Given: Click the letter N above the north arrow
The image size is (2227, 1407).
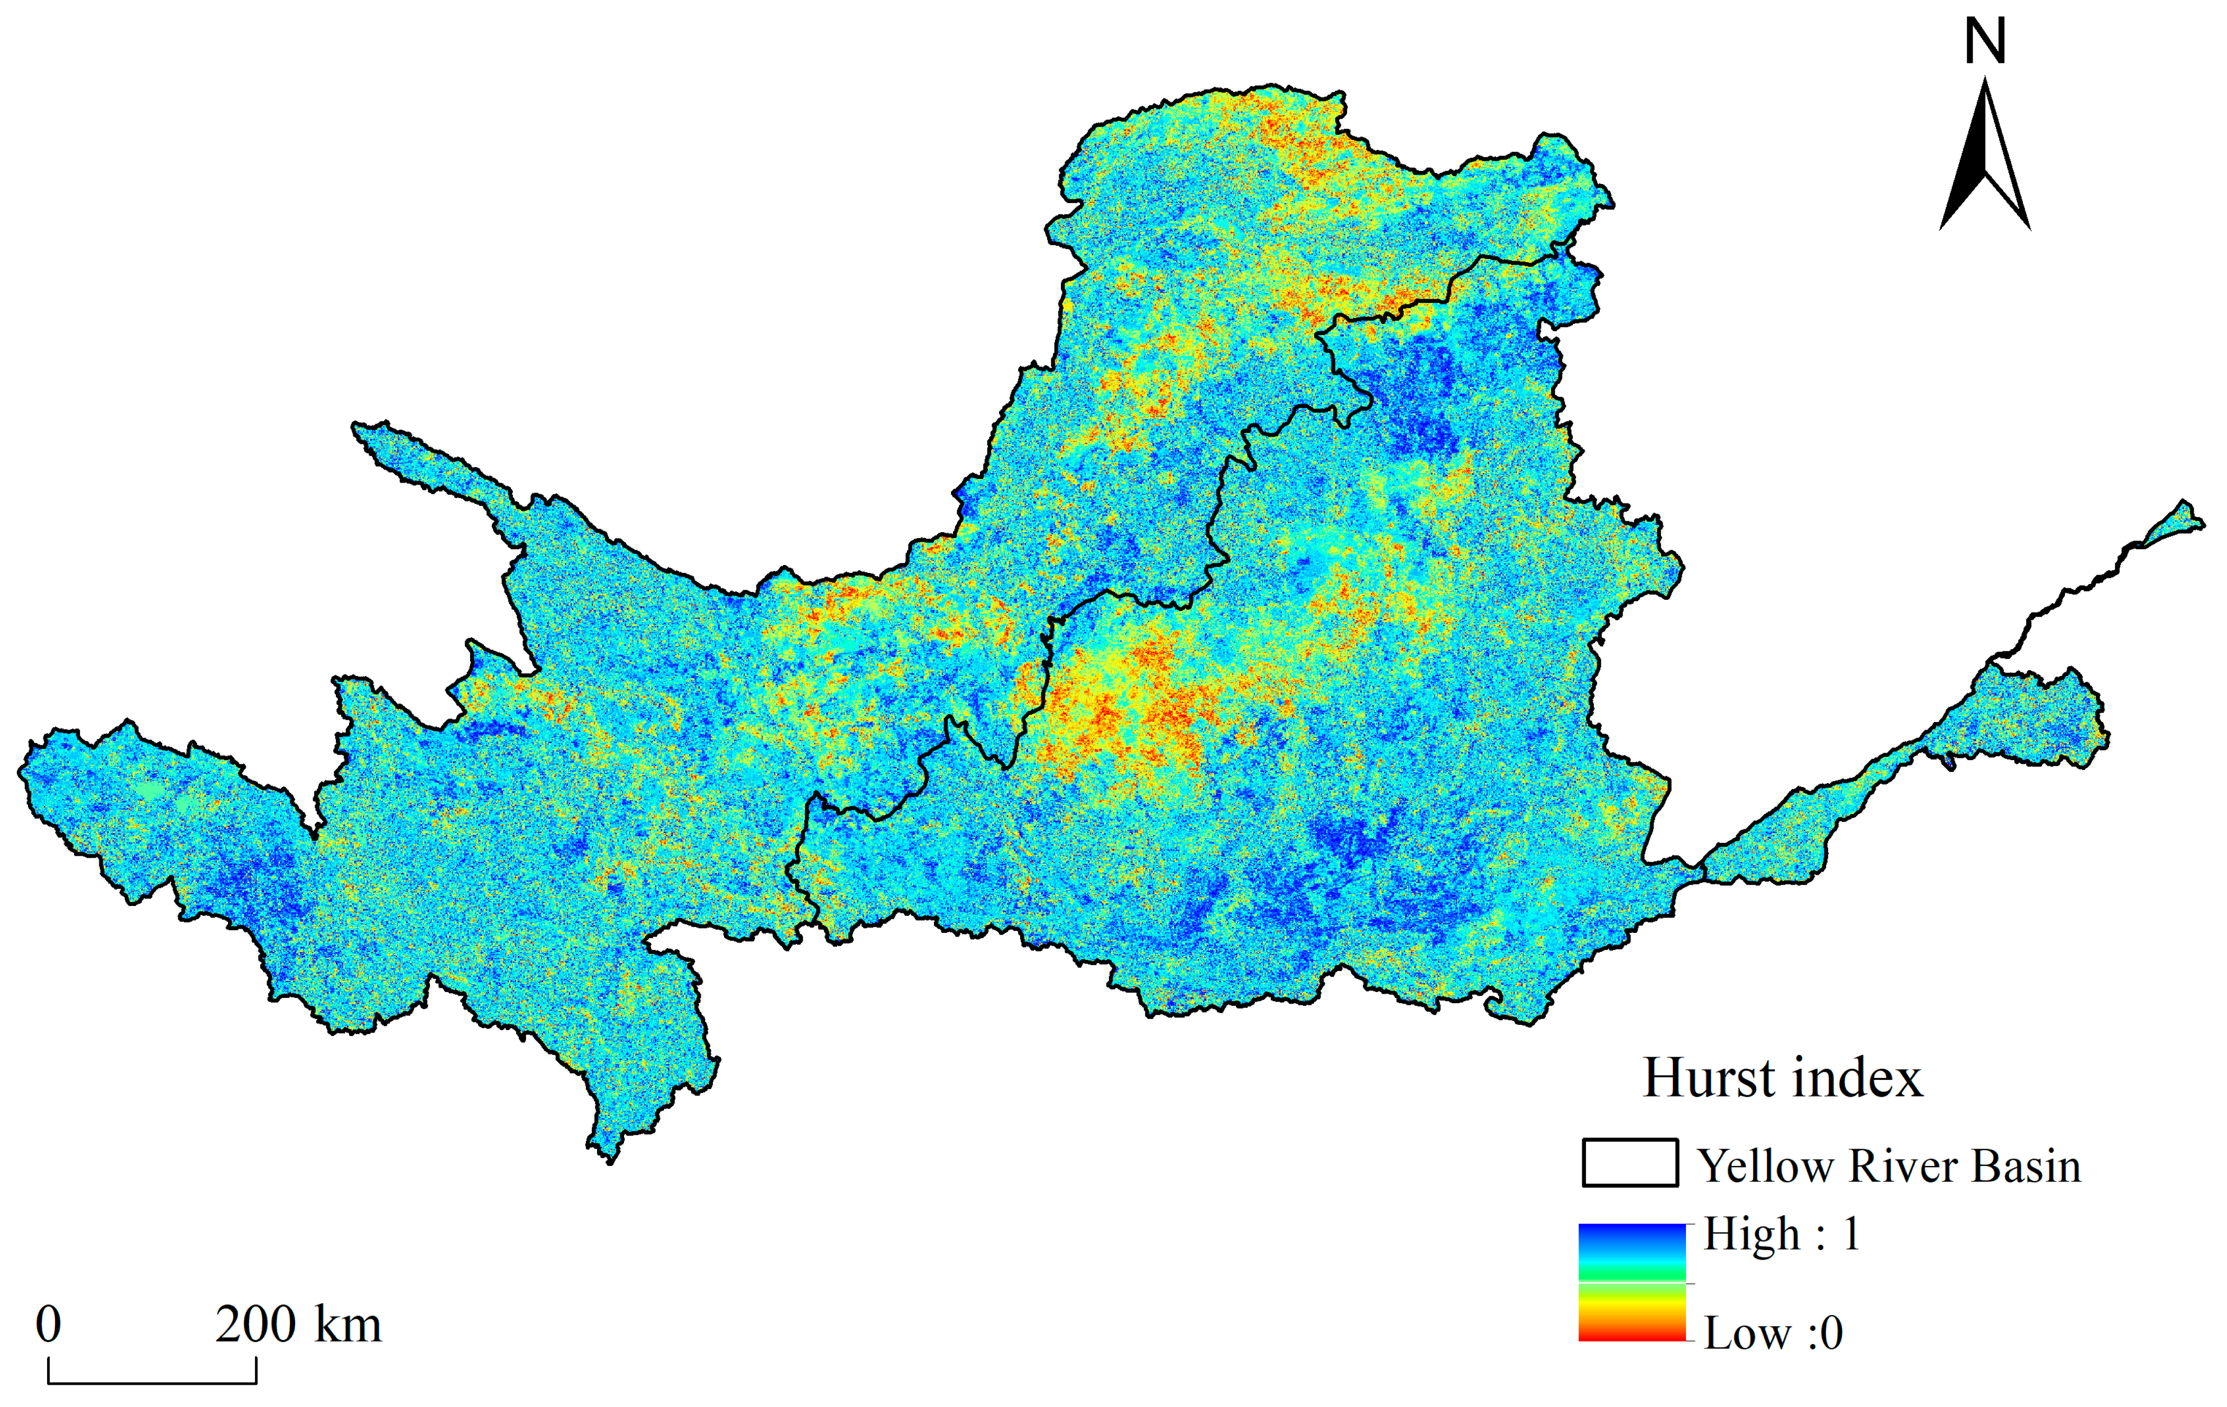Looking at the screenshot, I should click(1985, 42).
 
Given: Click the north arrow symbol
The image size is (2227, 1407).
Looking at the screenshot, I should click(1985, 157).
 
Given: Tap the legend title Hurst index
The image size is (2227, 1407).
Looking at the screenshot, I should click(1782, 1078).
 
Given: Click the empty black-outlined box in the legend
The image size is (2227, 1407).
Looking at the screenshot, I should click(1629, 1163).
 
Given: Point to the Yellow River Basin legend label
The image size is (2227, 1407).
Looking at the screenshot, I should click(1889, 1166).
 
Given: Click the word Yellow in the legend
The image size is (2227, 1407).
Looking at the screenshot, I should click(1765, 1166).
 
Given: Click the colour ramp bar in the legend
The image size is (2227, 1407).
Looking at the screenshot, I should click(1633, 1282).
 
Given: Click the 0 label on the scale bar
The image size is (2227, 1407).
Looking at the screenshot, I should click(49, 1324).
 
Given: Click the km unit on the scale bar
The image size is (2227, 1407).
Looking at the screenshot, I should click(348, 1324).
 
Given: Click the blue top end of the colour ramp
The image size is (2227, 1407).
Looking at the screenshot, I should click(1633, 1232).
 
